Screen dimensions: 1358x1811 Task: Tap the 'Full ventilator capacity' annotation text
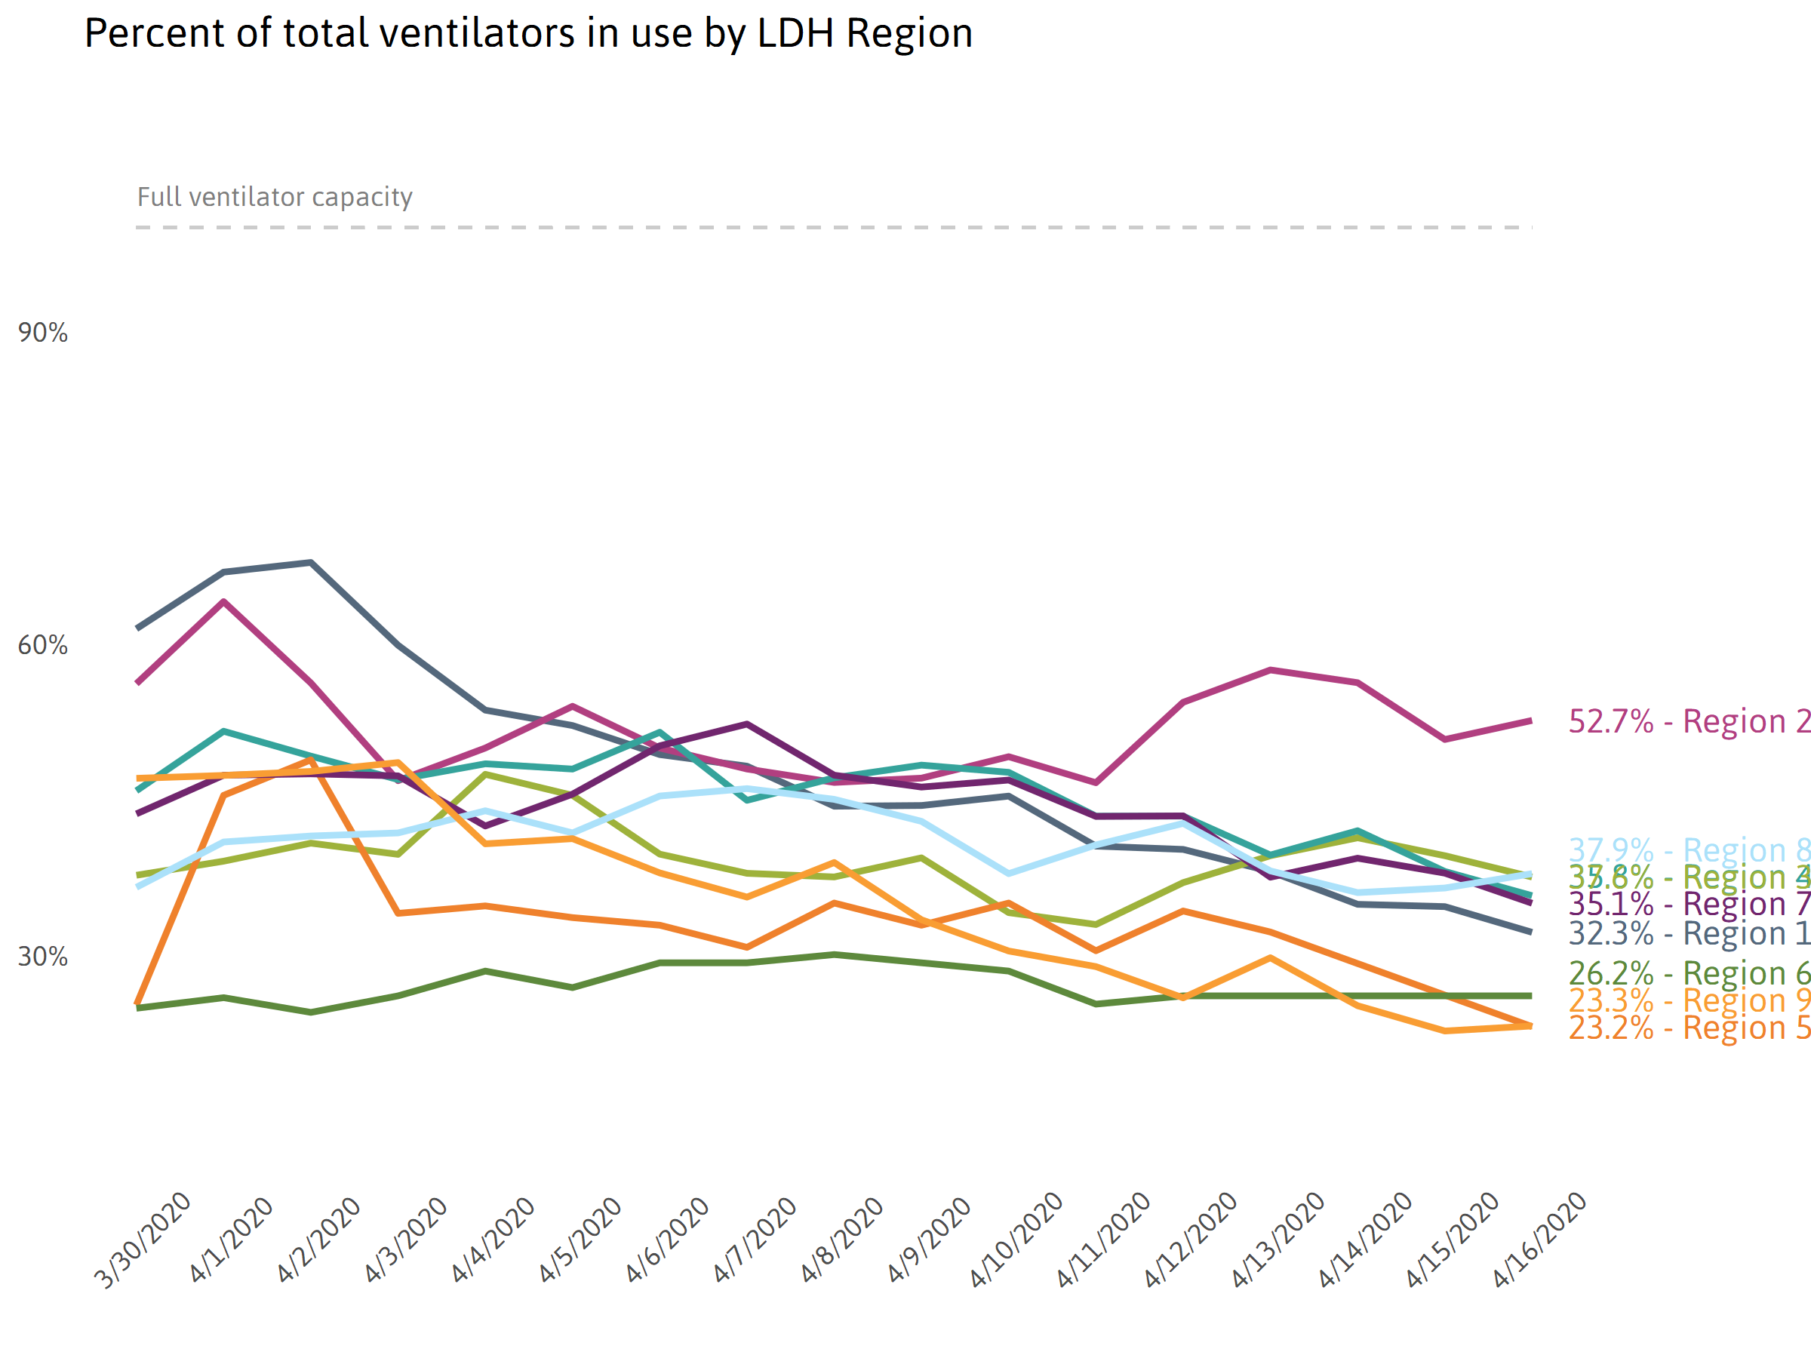[x=274, y=197]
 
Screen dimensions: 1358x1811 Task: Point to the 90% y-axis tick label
[x=42, y=333]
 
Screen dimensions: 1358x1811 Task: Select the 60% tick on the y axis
[x=42, y=646]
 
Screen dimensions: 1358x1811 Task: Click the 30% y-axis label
[x=42, y=957]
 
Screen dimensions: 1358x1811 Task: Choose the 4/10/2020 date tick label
[x=1016, y=1240]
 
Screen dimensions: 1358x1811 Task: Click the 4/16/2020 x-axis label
[x=1539, y=1240]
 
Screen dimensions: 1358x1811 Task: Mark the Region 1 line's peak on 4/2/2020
[x=311, y=562]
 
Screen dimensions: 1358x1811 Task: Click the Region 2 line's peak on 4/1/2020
[x=223, y=601]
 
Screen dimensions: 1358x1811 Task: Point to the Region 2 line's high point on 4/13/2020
[x=1270, y=670]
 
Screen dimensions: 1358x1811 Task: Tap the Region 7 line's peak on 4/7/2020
[x=747, y=724]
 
